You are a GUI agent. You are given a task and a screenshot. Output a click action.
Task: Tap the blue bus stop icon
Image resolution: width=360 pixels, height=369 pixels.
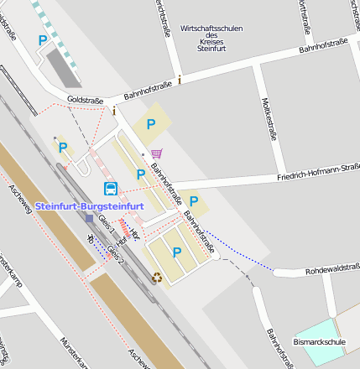click(110, 189)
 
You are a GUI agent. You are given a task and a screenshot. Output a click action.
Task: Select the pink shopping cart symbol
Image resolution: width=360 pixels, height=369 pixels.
click(156, 153)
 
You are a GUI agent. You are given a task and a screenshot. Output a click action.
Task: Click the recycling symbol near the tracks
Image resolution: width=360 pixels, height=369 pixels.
click(156, 277)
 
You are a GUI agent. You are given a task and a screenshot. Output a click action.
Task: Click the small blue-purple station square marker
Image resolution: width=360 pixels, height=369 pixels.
click(90, 218)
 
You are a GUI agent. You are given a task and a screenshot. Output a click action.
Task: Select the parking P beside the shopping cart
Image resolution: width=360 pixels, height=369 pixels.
click(151, 124)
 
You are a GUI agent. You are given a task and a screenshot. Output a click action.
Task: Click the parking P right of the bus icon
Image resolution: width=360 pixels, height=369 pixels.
click(141, 174)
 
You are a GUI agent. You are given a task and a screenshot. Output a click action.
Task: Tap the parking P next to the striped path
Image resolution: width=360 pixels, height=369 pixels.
click(42, 39)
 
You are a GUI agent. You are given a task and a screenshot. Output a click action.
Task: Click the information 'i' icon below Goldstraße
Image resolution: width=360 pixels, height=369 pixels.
click(114, 109)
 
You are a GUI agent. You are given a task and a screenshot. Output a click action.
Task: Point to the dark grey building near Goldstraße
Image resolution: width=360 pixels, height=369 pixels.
click(62, 65)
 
